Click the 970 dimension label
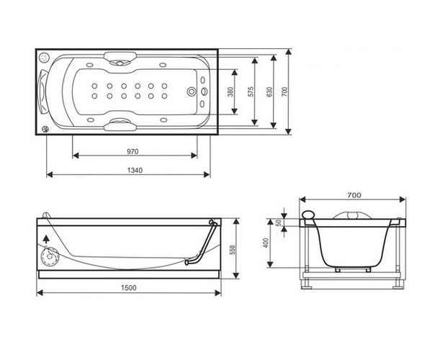tap(132, 151)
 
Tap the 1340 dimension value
tap(135, 171)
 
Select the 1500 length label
tap(129, 288)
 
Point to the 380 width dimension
tap(231, 91)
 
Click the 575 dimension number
tap(251, 91)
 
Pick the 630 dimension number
tap(269, 91)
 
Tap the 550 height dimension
tap(233, 250)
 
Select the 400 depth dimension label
tap(266, 243)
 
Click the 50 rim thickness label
tap(279, 222)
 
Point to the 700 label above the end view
tap(354, 195)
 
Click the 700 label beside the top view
tap(285, 91)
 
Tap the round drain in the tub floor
tap(192, 91)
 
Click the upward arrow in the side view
tap(46, 239)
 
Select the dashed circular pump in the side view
tap(50, 256)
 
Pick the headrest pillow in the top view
tap(43, 91)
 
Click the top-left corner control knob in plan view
tap(43, 58)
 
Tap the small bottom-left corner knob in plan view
tap(45, 129)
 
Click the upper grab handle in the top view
tap(120, 58)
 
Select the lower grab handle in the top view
tap(120, 125)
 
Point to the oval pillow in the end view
tap(309, 215)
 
